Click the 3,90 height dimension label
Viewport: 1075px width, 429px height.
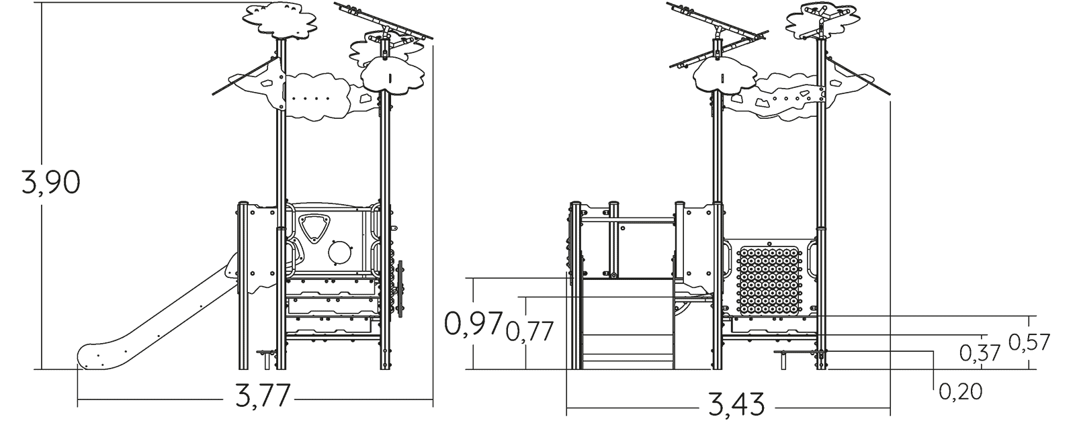51,183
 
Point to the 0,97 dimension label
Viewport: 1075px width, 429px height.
473,324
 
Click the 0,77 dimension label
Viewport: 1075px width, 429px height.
530,331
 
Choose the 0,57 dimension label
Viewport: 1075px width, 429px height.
1029,342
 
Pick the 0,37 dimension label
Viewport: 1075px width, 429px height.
980,353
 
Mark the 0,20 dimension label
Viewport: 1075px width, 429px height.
960,391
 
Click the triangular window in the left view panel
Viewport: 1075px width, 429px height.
314,228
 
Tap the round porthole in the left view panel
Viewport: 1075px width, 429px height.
340,252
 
